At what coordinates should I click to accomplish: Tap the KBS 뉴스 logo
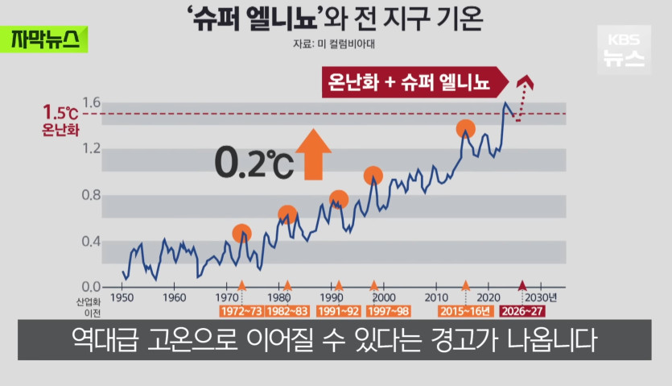(x=624, y=50)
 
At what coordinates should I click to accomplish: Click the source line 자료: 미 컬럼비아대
(x=335, y=46)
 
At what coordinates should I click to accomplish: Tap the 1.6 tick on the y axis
(x=90, y=102)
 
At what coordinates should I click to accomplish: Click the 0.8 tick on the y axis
(x=90, y=195)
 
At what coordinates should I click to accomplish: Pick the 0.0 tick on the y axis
(x=90, y=287)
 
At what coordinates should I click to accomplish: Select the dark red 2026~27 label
(x=522, y=310)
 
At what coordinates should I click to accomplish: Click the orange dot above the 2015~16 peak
(x=465, y=129)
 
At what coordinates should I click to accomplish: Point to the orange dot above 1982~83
(x=287, y=214)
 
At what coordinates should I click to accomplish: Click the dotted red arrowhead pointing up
(x=526, y=80)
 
